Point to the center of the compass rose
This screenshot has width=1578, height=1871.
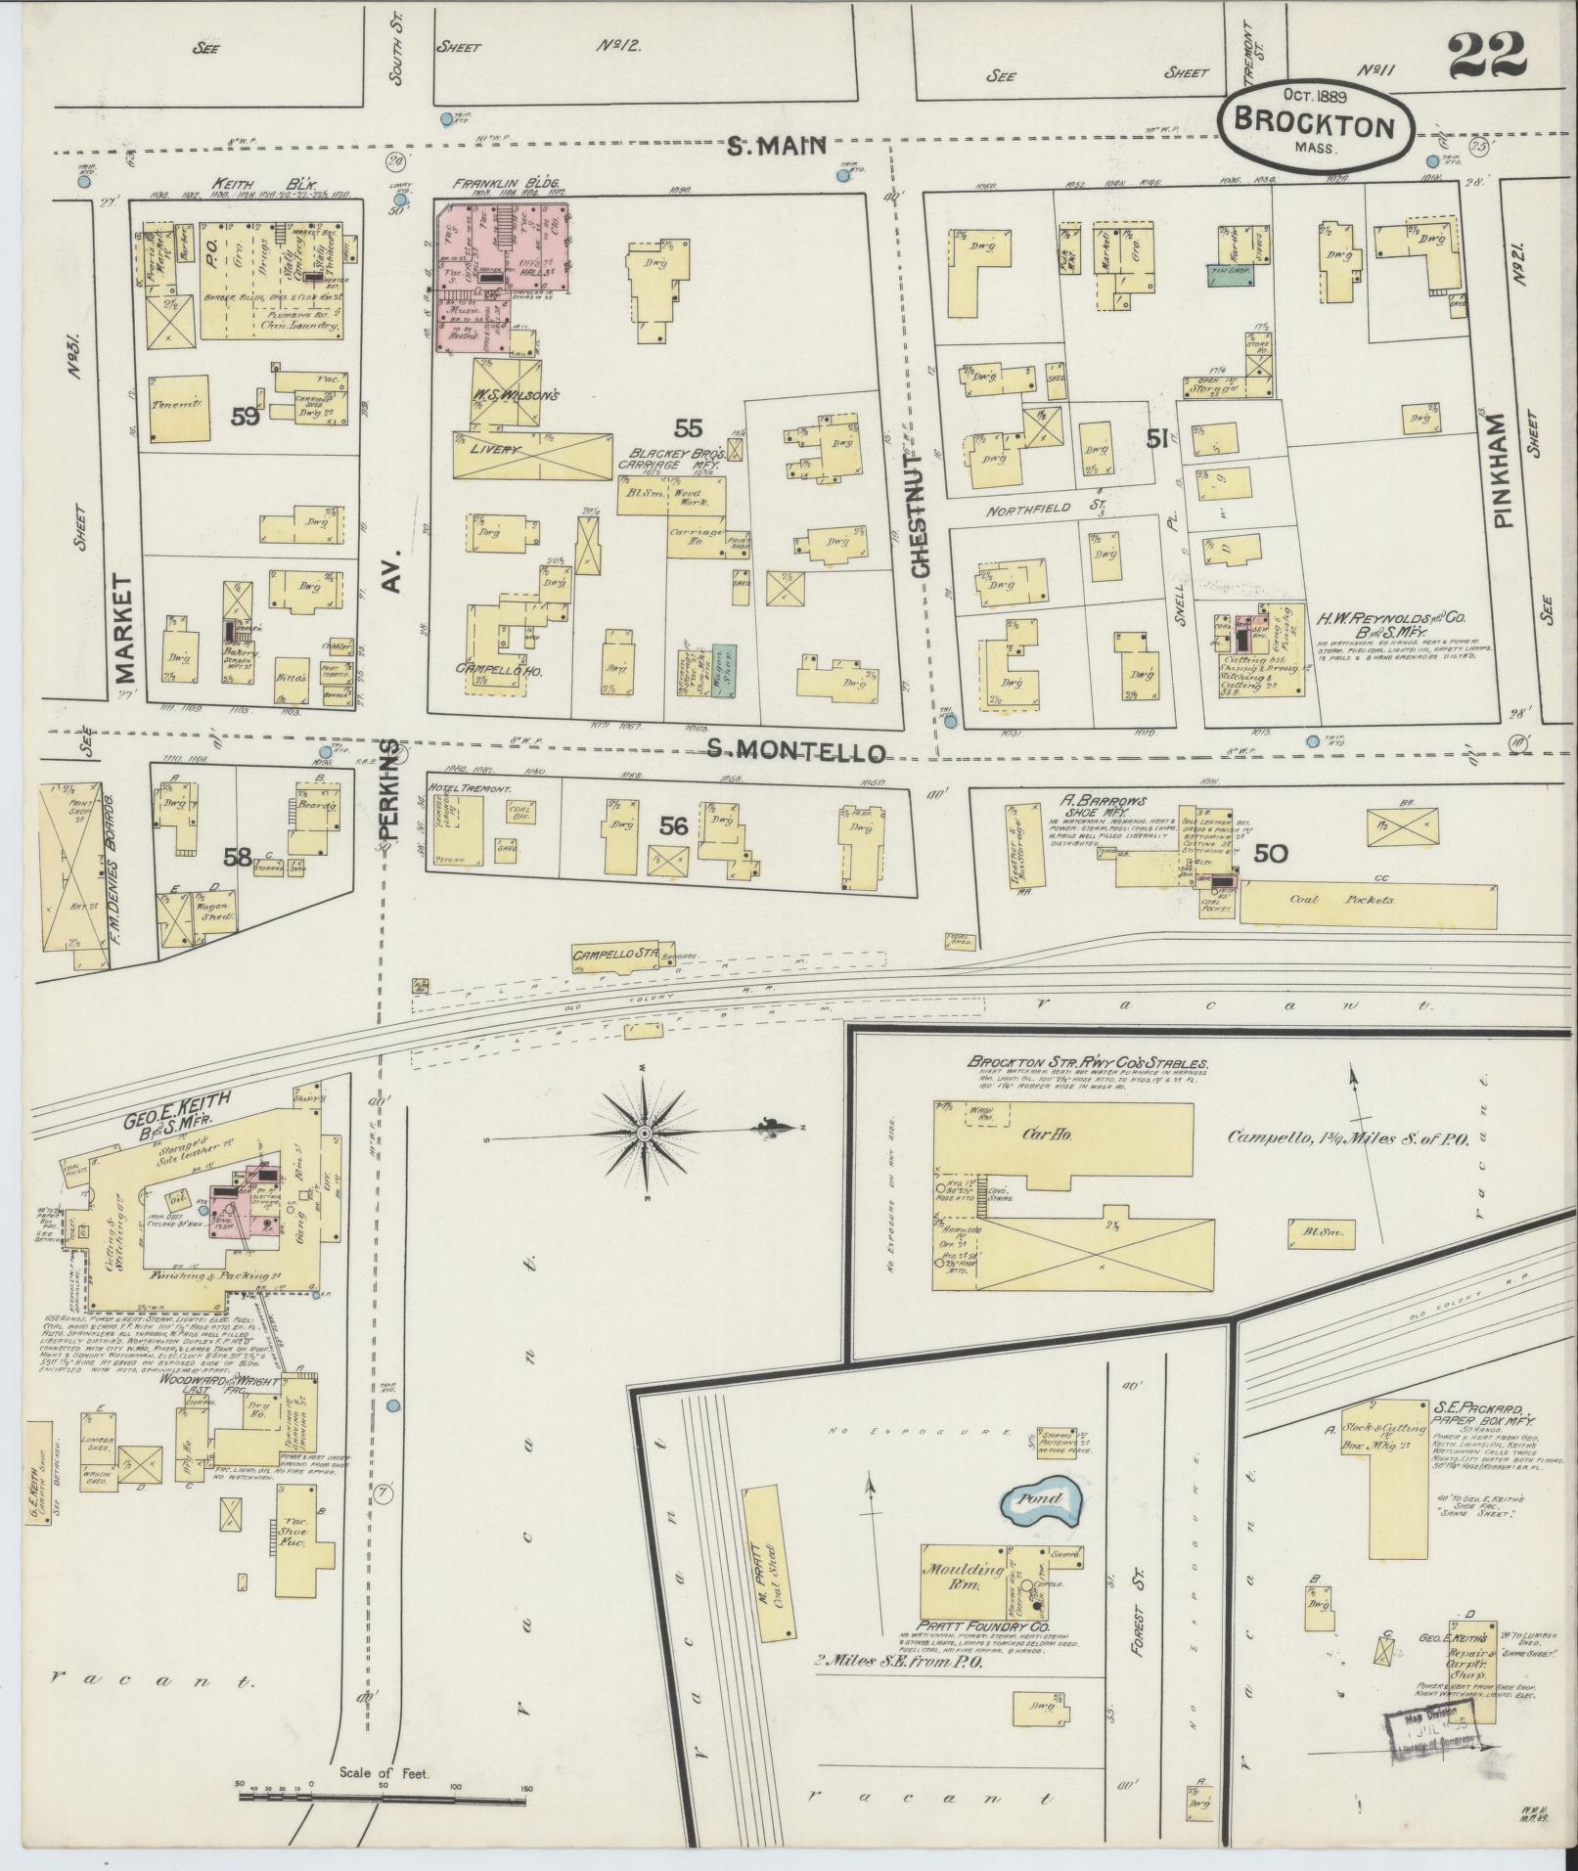[644, 1133]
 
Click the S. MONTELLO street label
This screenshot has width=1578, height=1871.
[796, 750]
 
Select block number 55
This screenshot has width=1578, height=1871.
[689, 426]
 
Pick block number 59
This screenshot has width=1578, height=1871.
[245, 417]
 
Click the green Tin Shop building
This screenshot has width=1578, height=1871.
[1231, 277]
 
